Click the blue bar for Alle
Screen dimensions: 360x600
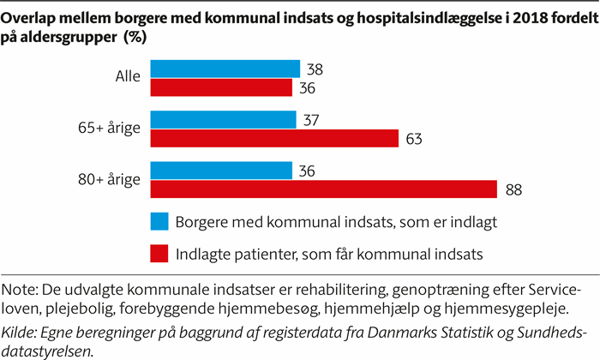tap(225, 69)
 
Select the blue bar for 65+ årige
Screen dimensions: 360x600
tap(223, 120)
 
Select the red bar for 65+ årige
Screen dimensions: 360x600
tap(274, 139)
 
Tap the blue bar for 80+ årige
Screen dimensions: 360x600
tap(221, 171)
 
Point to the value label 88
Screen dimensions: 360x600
tap(513, 189)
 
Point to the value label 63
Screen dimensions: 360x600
tap(414, 139)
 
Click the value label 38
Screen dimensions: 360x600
tap(315, 69)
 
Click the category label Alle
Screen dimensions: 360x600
tap(129, 78)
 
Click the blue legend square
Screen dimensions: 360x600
tap(159, 222)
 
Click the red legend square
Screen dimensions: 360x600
tap(159, 252)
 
